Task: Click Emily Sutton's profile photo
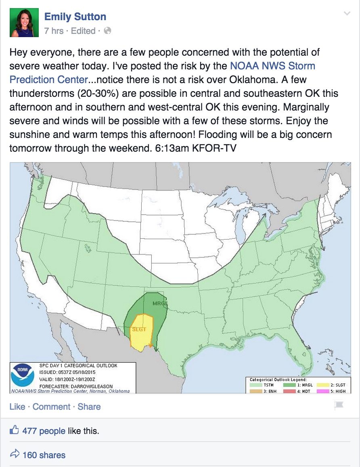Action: coord(24,23)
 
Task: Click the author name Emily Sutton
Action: coord(75,17)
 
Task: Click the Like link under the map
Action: coord(17,407)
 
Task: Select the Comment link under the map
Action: coord(51,407)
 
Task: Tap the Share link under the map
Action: coord(89,407)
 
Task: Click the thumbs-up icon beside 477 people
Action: coord(15,430)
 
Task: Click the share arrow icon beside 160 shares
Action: coord(15,454)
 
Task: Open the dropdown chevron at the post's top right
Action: coord(346,14)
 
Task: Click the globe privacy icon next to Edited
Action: coord(107,31)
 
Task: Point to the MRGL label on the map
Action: coord(160,303)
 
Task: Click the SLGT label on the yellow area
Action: coord(139,329)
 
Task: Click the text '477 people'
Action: coord(44,431)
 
